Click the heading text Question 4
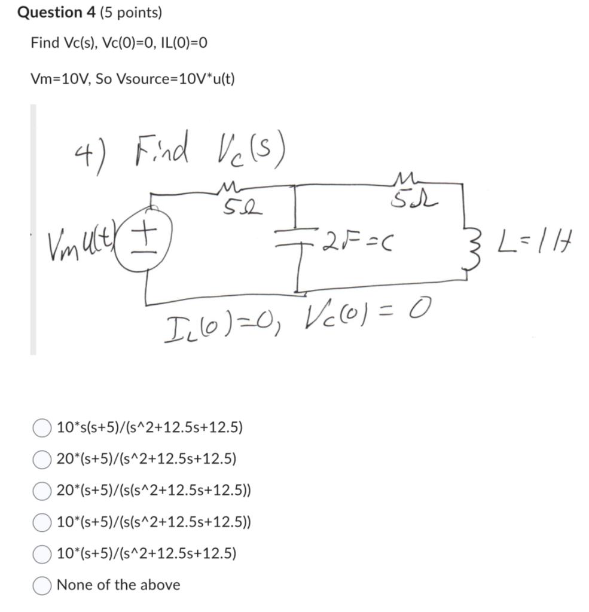[51, 13]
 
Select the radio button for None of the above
[41, 585]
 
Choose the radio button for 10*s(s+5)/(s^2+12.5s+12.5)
[41, 427]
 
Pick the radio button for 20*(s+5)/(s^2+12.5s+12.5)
[41, 459]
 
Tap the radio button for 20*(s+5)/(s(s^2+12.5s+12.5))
[41, 491]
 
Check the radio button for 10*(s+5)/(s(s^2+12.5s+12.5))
[41, 522]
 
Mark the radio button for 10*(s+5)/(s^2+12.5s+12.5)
[41, 553]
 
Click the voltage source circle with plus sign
[154, 238]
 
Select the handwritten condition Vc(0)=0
[367, 313]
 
